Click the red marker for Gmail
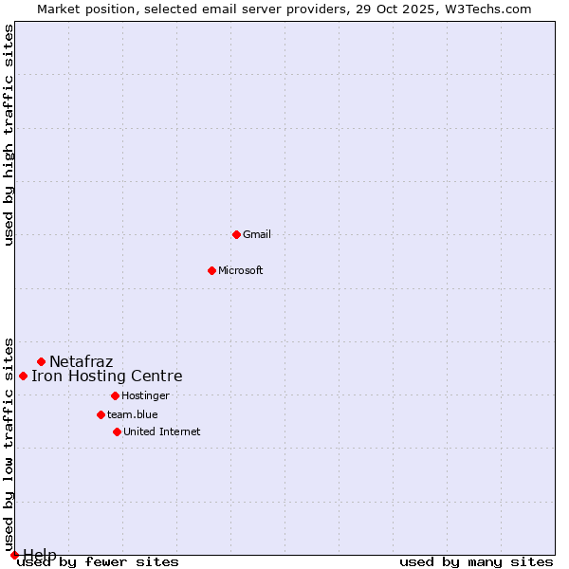pyautogui.click(x=236, y=234)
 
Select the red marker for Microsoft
pyautogui.click(x=211, y=270)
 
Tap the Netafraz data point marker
pyautogui.click(x=41, y=361)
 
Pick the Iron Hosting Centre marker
pyautogui.click(x=23, y=376)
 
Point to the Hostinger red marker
pyautogui.click(x=115, y=395)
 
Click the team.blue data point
pyautogui.click(x=101, y=414)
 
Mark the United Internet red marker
pyautogui.click(x=117, y=431)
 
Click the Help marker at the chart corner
pyautogui.click(x=14, y=555)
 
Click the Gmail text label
pyautogui.click(x=257, y=234)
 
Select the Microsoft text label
pyautogui.click(x=241, y=270)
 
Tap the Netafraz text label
pyautogui.click(x=81, y=361)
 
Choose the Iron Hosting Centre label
pyautogui.click(x=106, y=376)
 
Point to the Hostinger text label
pyautogui.click(x=145, y=395)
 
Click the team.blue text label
pyautogui.click(x=133, y=414)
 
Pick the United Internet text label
pyautogui.click(x=161, y=431)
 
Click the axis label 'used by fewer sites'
pyautogui.click(x=99, y=562)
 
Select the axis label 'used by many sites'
pyautogui.click(x=476, y=562)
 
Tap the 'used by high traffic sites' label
pyautogui.click(x=9, y=135)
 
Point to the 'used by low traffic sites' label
pyautogui.click(x=9, y=444)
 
